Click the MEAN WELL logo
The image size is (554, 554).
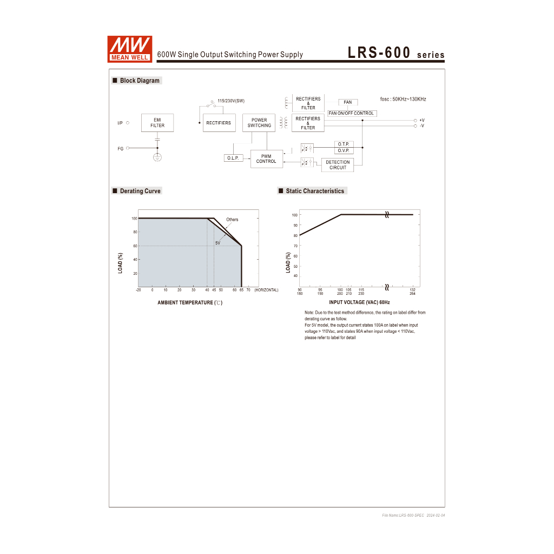pyautogui.click(x=130, y=49)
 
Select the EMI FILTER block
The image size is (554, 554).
pyautogui.click(x=157, y=123)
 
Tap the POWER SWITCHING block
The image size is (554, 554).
pyautogui.click(x=259, y=123)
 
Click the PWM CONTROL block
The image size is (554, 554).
pyautogui.click(x=266, y=159)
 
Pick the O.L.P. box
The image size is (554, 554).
pyautogui.click(x=233, y=158)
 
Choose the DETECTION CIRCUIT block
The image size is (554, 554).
pyautogui.click(x=338, y=164)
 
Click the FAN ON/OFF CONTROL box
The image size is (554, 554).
pyautogui.click(x=352, y=114)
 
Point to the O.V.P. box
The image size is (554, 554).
pyautogui.click(x=344, y=150)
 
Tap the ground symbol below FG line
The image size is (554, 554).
pyautogui.click(x=157, y=157)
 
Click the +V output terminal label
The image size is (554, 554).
pyautogui.click(x=422, y=120)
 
